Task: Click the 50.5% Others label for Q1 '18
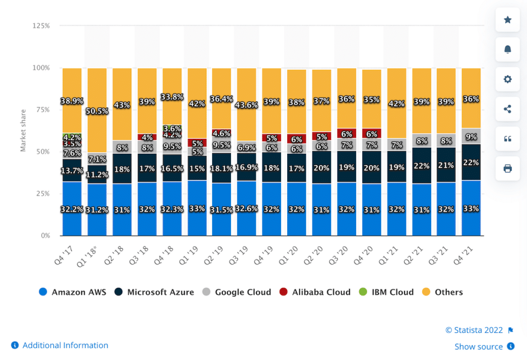[x=97, y=111]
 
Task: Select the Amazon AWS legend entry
[x=73, y=292]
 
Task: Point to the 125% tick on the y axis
[x=41, y=25]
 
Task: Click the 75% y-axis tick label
[x=42, y=110]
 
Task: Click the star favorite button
[x=507, y=20]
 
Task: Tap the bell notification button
[x=507, y=49]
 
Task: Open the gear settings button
[x=507, y=79]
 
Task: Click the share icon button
[x=507, y=109]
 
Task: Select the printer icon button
[x=507, y=168]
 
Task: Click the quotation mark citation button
[x=507, y=138]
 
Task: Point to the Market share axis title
[x=23, y=131]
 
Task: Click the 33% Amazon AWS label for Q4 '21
[x=471, y=209]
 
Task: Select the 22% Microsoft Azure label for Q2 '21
[x=421, y=166]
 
